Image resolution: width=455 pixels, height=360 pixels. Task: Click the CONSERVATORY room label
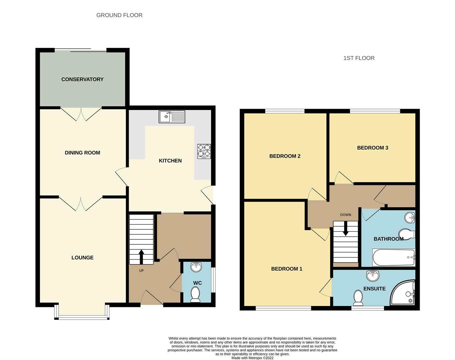[x=82, y=79]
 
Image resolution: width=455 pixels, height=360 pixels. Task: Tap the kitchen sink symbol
[x=172, y=117]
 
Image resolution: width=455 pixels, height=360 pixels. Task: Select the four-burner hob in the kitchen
[x=204, y=151]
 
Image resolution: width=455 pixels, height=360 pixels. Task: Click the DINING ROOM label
[x=82, y=153]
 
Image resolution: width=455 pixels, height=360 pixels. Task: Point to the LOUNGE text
[x=82, y=258]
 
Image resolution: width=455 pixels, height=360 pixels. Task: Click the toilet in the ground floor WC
[x=195, y=295]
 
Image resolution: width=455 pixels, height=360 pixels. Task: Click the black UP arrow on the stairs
[x=141, y=257]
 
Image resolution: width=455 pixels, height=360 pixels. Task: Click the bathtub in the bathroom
[x=394, y=257]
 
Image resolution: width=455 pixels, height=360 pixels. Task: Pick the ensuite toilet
[x=358, y=298]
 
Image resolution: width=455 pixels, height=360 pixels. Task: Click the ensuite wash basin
[x=373, y=276]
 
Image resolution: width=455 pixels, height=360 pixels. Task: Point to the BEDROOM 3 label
[x=373, y=148]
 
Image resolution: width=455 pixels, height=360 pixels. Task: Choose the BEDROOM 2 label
[x=285, y=156]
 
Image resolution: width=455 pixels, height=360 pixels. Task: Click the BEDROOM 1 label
[x=287, y=269]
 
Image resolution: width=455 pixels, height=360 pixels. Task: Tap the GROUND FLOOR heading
[x=119, y=15]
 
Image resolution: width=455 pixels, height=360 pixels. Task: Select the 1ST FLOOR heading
[x=359, y=58]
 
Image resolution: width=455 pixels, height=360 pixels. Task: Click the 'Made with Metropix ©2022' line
[x=252, y=358]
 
